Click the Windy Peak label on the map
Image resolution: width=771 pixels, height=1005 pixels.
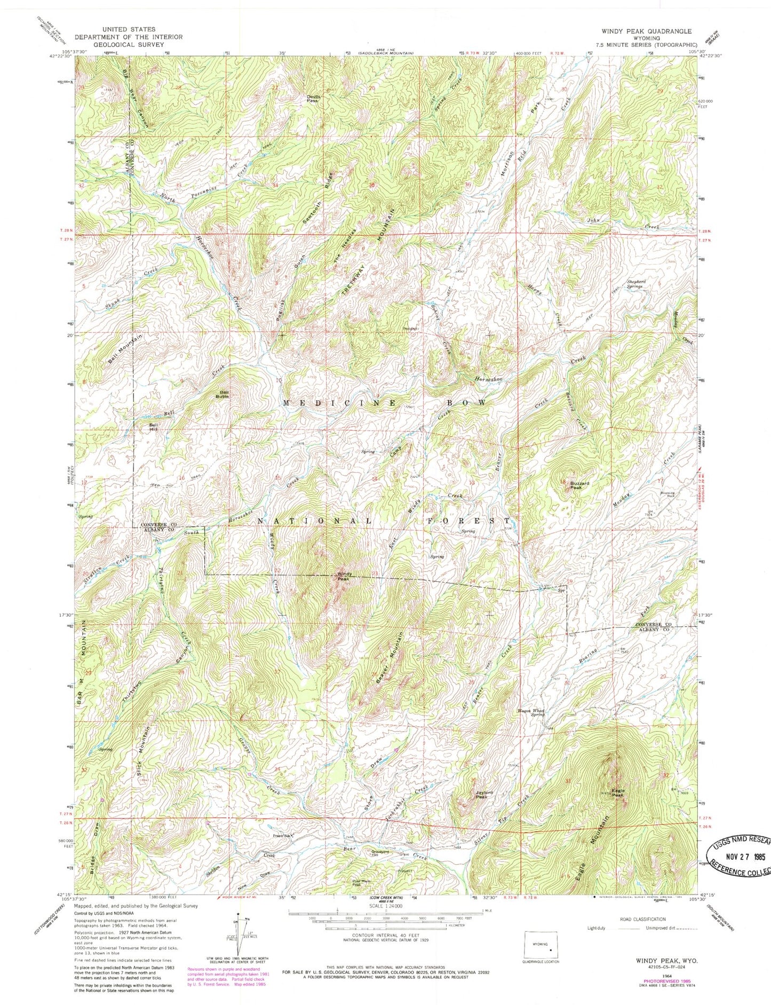[x=343, y=576]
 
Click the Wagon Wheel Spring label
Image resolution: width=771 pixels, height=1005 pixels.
[x=531, y=712]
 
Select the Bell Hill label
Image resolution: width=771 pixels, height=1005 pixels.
[x=154, y=427]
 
